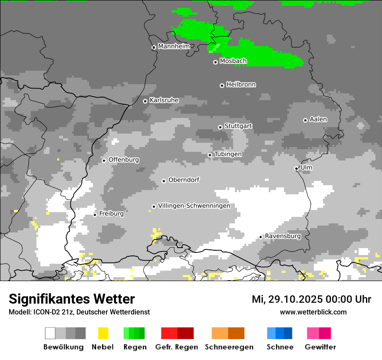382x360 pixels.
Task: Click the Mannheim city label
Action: tap(174, 46)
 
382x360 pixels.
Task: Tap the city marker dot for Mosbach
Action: tap(215, 62)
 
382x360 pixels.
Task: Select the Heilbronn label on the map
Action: tap(241, 85)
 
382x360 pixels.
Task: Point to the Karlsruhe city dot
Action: tap(145, 101)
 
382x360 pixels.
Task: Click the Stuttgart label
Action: tap(238, 126)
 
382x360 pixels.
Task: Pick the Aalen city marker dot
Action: tap(305, 120)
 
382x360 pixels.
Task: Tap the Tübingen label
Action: tap(228, 154)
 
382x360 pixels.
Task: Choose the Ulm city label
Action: tap(306, 167)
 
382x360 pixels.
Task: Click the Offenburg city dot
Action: tap(104, 160)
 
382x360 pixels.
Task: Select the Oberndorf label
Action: tap(184, 180)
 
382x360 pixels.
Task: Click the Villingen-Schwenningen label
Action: tap(194, 206)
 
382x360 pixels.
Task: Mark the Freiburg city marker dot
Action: tap(95, 215)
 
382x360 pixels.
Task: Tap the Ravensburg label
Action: tap(283, 236)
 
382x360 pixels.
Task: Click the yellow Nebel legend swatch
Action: tap(103, 333)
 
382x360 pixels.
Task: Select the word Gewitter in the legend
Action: tap(320, 347)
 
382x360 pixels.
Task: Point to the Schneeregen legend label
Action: tap(229, 347)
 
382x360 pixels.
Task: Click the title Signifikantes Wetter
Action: tap(72, 299)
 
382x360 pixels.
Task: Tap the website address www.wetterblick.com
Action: tap(313, 312)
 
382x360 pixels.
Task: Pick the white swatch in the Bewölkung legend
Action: tap(50, 333)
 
